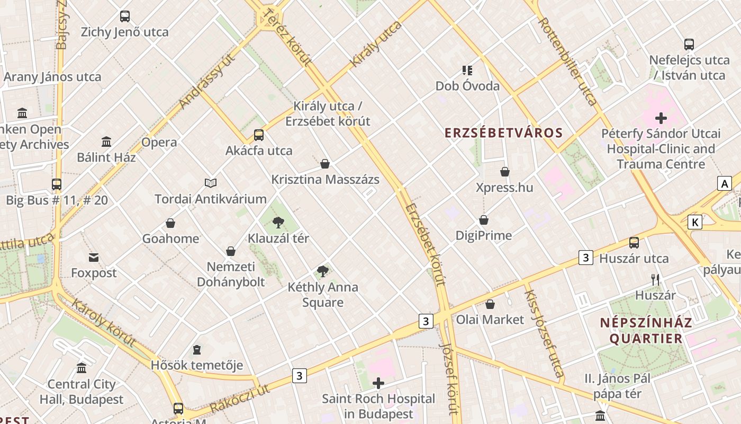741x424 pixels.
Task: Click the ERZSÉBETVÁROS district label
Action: [x=503, y=132]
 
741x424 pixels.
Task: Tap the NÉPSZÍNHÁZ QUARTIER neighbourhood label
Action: [x=646, y=330]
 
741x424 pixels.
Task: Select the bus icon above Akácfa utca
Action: [x=258, y=135]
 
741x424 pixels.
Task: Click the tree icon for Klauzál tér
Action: [x=278, y=223]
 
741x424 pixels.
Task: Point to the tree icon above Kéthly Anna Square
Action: [x=322, y=272]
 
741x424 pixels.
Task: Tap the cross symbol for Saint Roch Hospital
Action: [x=378, y=383]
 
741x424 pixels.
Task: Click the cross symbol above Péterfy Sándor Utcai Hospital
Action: [x=661, y=118]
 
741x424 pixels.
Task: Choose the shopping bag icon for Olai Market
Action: [x=490, y=304]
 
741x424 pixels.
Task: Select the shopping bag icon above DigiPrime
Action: [x=483, y=220]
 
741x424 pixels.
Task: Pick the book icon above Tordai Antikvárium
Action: [x=211, y=183]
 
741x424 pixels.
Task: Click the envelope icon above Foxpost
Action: [x=94, y=258]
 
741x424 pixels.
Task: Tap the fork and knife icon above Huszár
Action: [x=655, y=280]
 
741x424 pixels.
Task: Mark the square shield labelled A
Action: [x=724, y=183]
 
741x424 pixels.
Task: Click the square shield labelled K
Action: [x=694, y=222]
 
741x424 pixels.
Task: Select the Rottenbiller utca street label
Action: [x=567, y=61]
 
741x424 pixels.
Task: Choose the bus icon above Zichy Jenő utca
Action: [x=125, y=16]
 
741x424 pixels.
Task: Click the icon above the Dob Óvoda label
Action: [x=467, y=70]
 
